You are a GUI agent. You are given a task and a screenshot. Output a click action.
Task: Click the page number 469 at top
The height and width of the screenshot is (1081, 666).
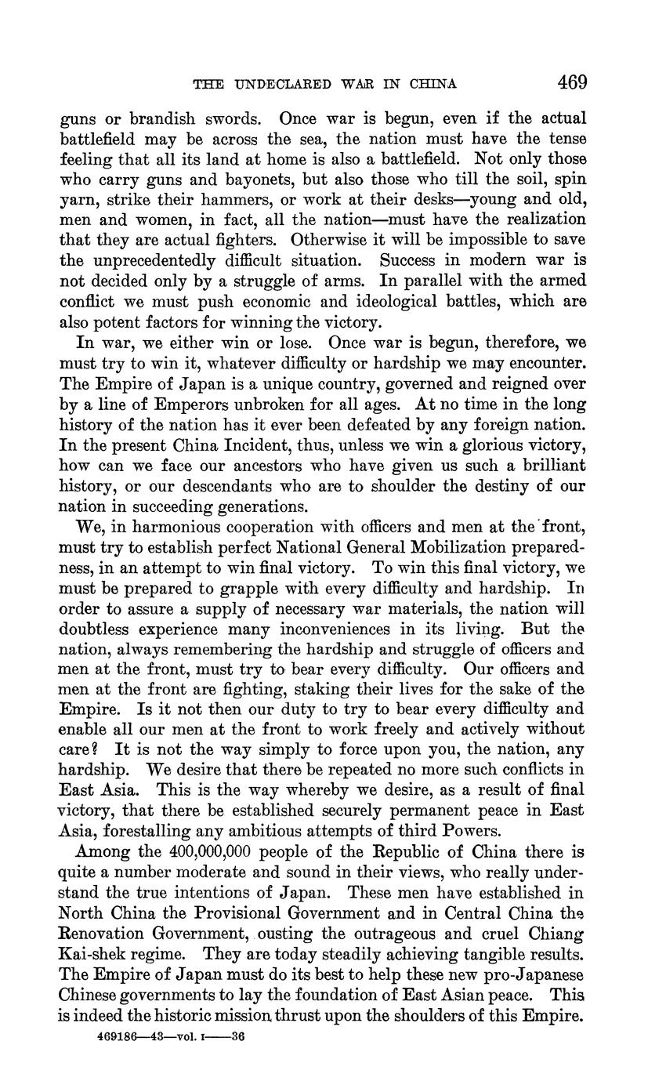pos(572,82)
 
